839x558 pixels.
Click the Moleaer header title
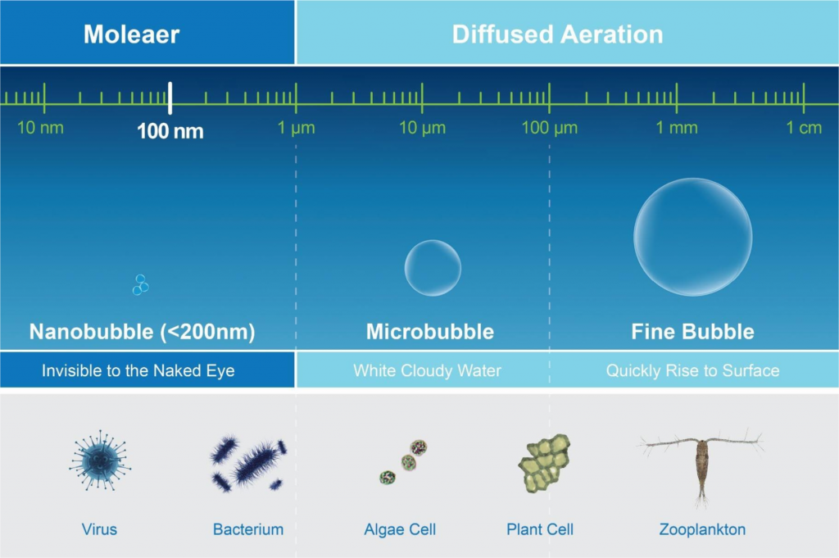(131, 34)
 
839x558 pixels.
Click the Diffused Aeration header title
(557, 34)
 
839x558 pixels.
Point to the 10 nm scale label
(40, 128)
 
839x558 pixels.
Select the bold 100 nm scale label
(170, 130)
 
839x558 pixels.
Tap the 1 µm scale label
(296, 128)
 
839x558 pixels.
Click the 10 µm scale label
(422, 128)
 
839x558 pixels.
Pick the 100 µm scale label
(550, 128)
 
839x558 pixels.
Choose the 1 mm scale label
(677, 128)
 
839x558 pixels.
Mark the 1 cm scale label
(804, 128)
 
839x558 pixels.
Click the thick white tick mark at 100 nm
(170, 98)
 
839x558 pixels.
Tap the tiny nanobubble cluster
(141, 285)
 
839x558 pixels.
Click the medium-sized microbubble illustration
(433, 268)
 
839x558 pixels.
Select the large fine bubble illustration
(692, 237)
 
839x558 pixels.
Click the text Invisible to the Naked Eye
(138, 370)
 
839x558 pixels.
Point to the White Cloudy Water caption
(427, 370)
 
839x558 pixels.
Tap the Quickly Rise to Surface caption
(692, 370)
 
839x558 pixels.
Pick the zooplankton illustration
(701, 463)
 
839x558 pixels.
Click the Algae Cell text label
(400, 529)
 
